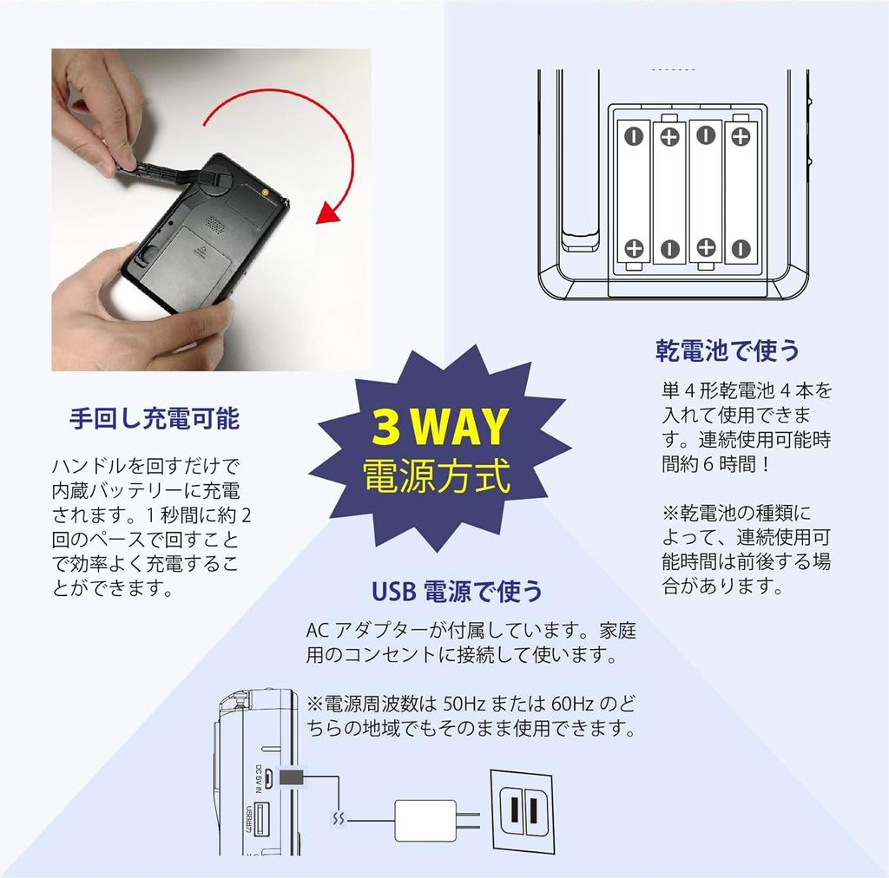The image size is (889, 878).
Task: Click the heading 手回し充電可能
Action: (x=154, y=419)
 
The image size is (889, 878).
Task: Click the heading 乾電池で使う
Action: (x=727, y=351)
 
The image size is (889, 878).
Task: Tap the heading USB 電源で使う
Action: (x=457, y=592)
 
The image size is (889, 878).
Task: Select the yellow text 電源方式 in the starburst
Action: (x=437, y=476)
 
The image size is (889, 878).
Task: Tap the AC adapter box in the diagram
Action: (x=425, y=819)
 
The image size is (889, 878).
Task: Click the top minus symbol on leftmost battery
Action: (x=634, y=135)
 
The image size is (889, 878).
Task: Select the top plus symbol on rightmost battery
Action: (x=741, y=135)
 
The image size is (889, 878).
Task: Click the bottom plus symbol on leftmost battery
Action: (x=634, y=249)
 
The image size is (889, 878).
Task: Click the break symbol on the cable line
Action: (x=339, y=817)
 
